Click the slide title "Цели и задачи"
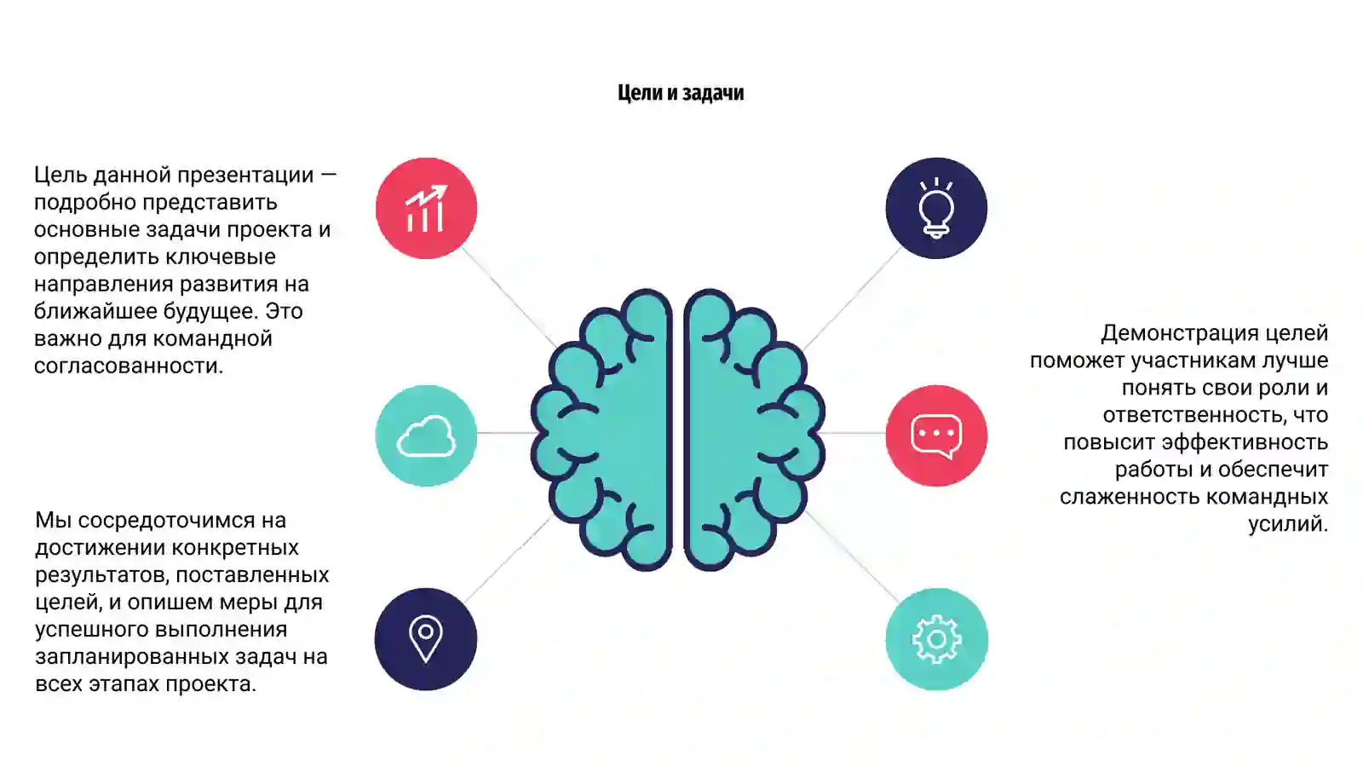pos(681,93)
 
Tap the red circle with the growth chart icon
pos(426,208)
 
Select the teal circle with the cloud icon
pos(426,435)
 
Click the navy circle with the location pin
pos(426,639)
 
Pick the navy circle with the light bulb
pos(936,208)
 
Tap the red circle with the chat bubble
pos(936,435)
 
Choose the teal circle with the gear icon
pos(936,639)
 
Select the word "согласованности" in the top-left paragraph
pos(129,366)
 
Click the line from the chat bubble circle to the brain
pos(853,434)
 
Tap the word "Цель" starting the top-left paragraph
pos(60,176)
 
